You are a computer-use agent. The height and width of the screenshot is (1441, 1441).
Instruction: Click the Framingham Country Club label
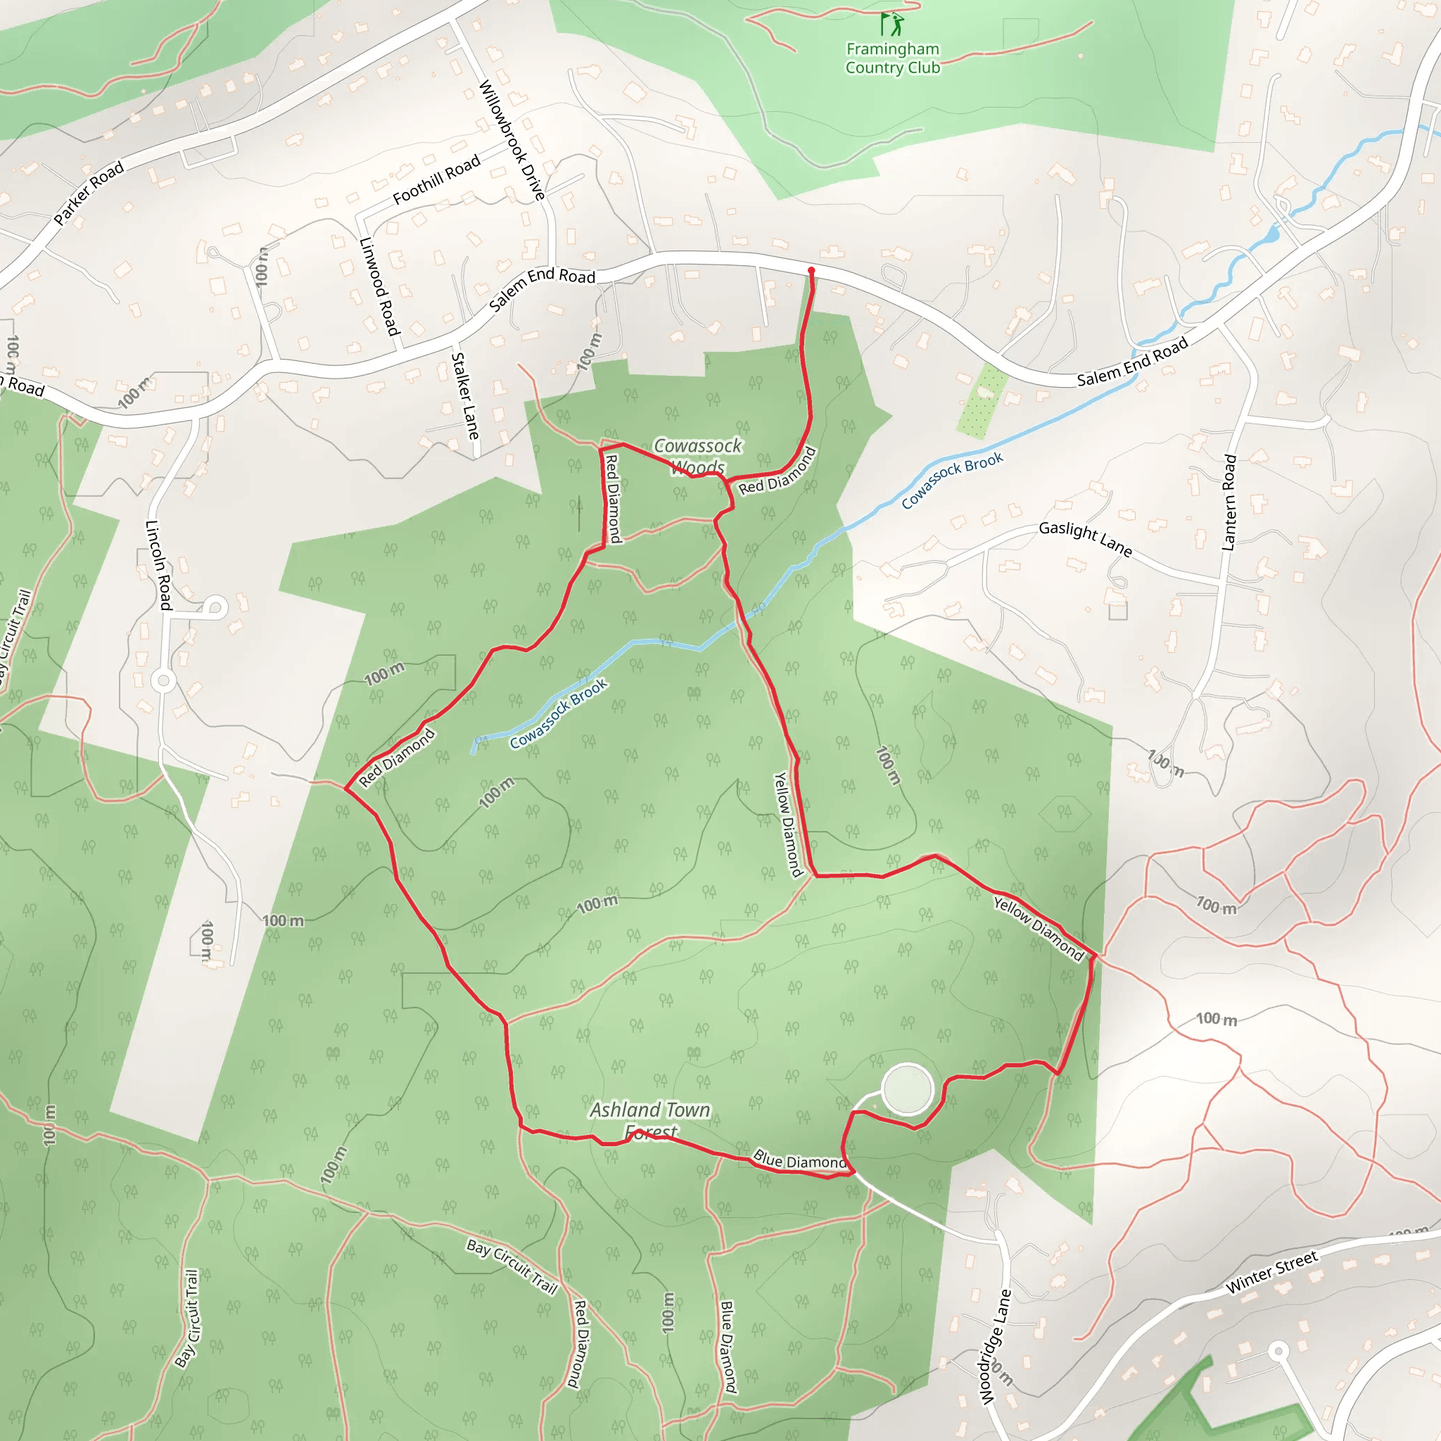(x=892, y=58)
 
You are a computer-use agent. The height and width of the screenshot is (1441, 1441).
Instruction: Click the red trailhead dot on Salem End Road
(x=811, y=271)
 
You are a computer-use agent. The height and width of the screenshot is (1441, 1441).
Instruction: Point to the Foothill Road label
(x=436, y=179)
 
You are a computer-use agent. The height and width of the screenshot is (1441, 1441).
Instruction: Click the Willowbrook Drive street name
(x=512, y=139)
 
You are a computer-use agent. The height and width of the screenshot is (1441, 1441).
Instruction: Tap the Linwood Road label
(x=380, y=286)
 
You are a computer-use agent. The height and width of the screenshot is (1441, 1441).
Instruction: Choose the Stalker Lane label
(x=464, y=395)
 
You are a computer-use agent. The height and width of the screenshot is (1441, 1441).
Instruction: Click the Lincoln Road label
(x=159, y=564)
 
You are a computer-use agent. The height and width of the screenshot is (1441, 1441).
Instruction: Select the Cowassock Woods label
(x=697, y=456)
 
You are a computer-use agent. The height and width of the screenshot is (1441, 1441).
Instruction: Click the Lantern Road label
(x=1229, y=502)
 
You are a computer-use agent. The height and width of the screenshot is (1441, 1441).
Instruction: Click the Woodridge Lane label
(x=995, y=1346)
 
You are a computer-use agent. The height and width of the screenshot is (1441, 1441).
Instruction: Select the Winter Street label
(x=1271, y=1272)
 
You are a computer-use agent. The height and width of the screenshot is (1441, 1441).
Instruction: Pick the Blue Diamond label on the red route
(x=799, y=1160)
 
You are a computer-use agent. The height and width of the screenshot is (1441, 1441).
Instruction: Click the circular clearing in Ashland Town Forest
(x=906, y=1089)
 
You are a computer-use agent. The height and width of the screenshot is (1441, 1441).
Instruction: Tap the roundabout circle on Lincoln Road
(x=163, y=680)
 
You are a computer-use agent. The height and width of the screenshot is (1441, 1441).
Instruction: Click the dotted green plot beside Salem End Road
(x=982, y=400)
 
